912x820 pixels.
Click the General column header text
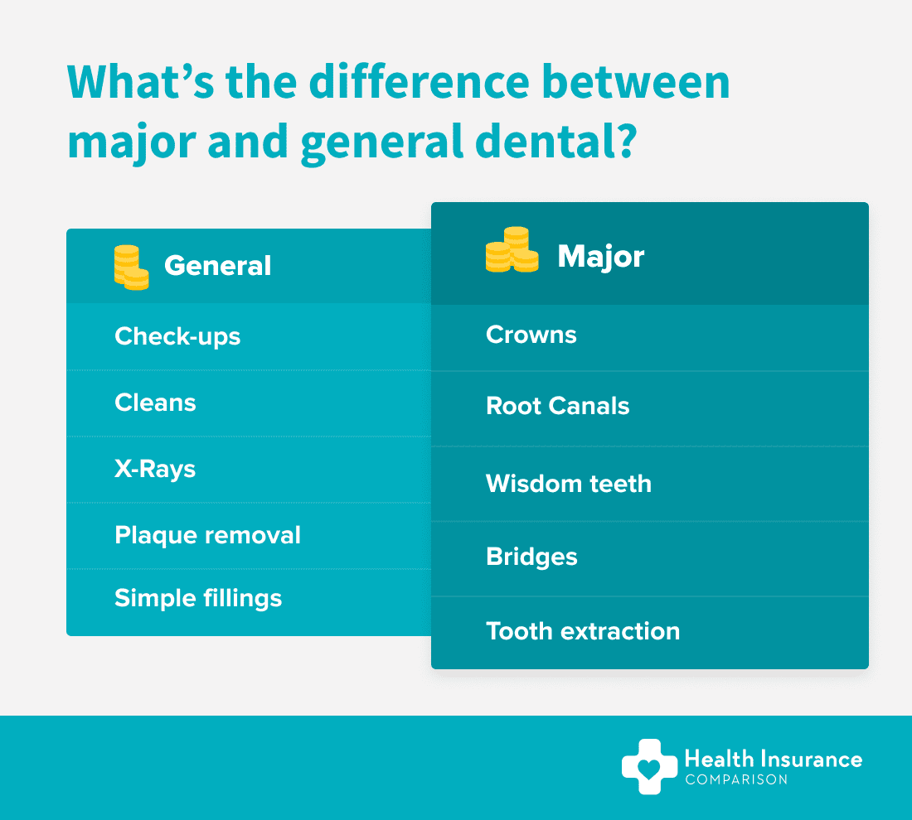(x=217, y=266)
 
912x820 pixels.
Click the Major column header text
(x=601, y=257)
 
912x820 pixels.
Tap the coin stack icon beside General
(x=132, y=268)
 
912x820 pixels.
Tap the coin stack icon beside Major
(x=512, y=249)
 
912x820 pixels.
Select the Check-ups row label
(x=177, y=337)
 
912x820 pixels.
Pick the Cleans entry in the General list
(x=155, y=403)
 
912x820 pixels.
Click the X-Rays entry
(x=155, y=470)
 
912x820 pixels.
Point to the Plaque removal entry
(x=207, y=535)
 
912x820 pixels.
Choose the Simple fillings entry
(x=198, y=599)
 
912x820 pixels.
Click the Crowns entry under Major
(x=531, y=335)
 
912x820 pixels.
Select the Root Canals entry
(x=558, y=406)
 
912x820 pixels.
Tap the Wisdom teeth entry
(x=569, y=484)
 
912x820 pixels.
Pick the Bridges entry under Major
(x=531, y=557)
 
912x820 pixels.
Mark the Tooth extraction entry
(x=583, y=631)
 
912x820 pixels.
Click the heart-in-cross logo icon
(x=650, y=766)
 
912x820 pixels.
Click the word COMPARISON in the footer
(x=736, y=780)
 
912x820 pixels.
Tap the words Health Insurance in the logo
(x=774, y=759)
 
